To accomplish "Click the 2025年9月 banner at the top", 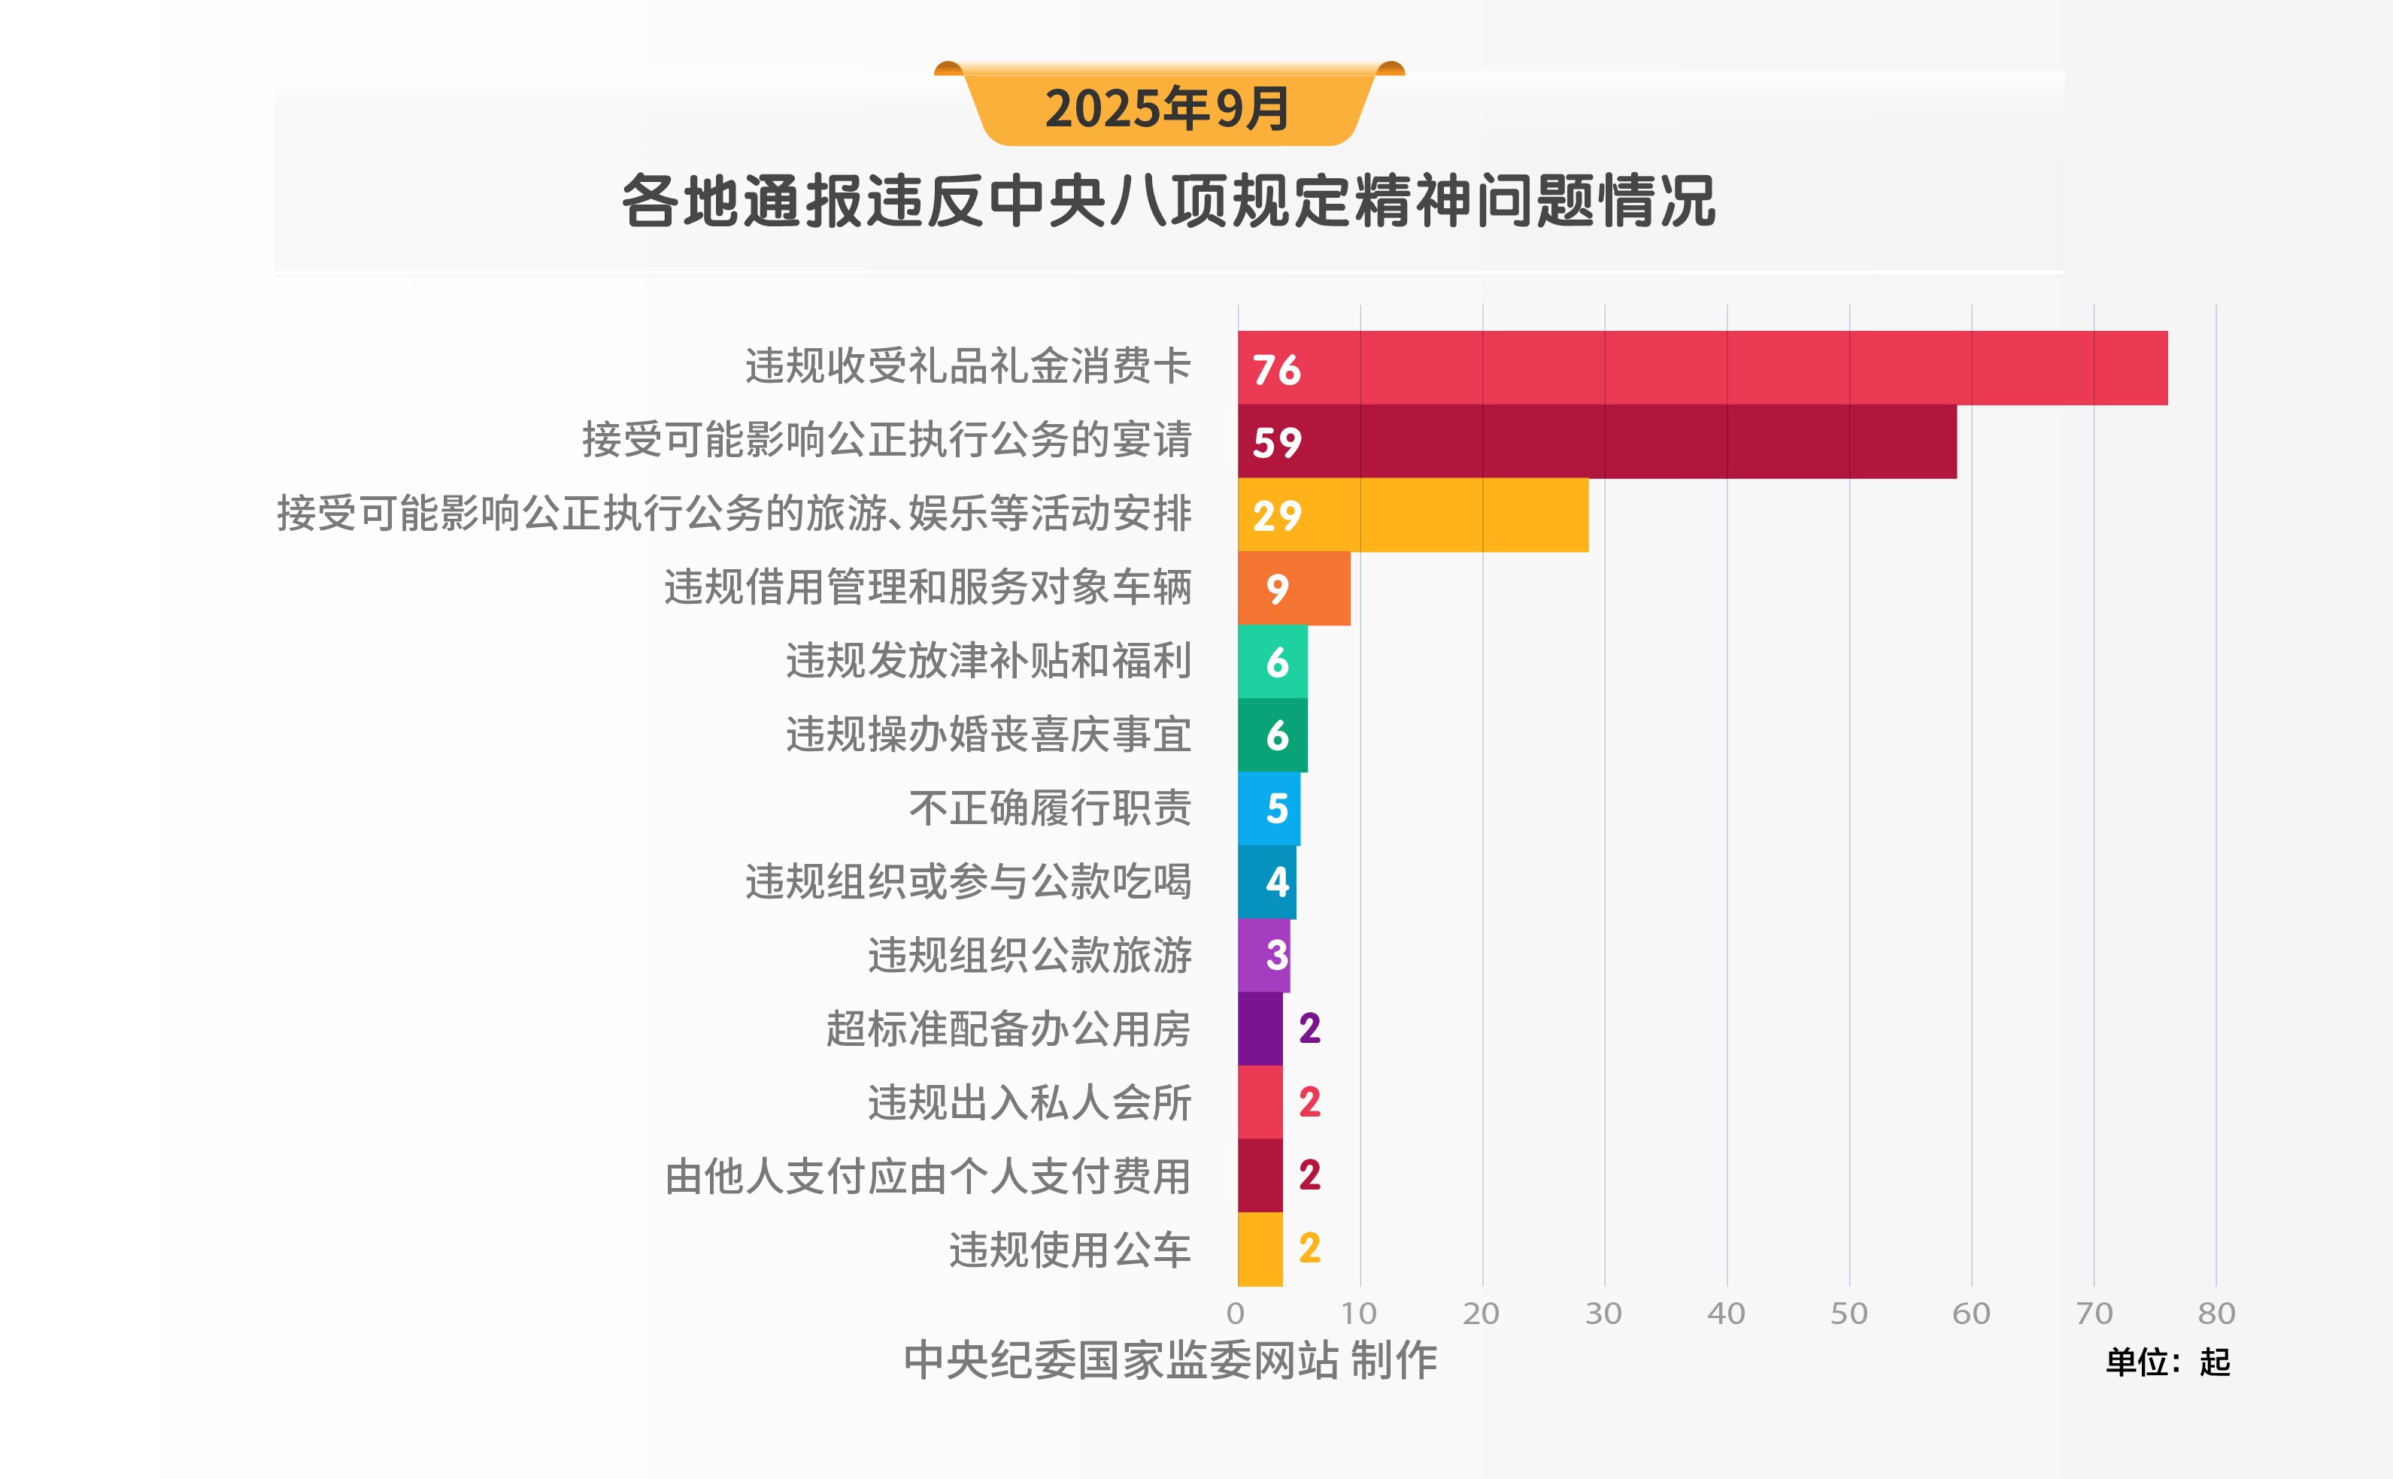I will click(1168, 108).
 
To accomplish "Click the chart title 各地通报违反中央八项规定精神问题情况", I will click(1168, 202).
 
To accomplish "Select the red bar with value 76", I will click(1703, 368).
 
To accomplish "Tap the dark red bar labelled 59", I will click(1597, 442).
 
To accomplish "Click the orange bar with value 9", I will click(1294, 589).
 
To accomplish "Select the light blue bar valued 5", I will click(1268, 809).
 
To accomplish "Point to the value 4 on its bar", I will click(1277, 882).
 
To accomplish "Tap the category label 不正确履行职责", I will click(1050, 809).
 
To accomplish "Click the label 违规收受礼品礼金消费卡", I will click(968, 367).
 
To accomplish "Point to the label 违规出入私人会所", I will click(1030, 1102).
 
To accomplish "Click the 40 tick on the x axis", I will click(1726, 1314).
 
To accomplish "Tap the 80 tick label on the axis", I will click(2216, 1314).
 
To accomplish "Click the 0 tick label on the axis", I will click(1236, 1314).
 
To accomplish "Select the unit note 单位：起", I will click(2167, 1362).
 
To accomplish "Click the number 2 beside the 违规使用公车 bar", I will click(1309, 1249).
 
